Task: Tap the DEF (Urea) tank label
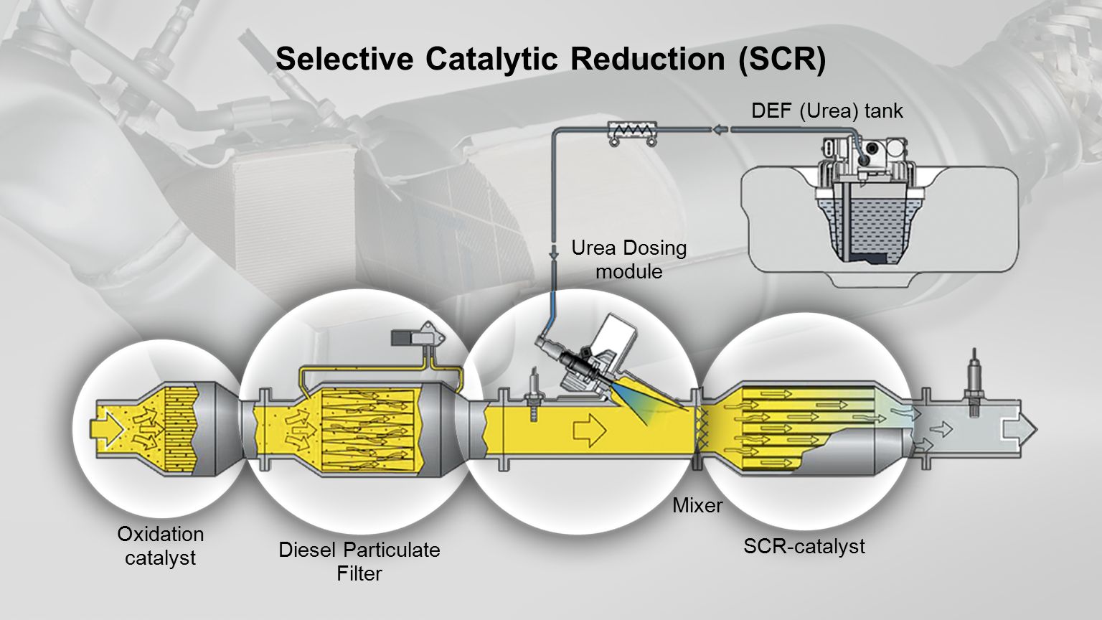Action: tap(826, 111)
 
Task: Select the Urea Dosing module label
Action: tap(628, 259)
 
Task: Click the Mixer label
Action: tap(697, 506)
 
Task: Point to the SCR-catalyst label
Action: tap(804, 546)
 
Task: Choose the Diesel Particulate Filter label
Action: tap(359, 561)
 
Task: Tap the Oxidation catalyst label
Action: tap(160, 545)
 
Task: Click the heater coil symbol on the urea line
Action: tap(632, 131)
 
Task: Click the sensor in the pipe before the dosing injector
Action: tap(534, 393)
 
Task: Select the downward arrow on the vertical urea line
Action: tap(554, 253)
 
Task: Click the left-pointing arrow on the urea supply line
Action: tap(720, 129)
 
